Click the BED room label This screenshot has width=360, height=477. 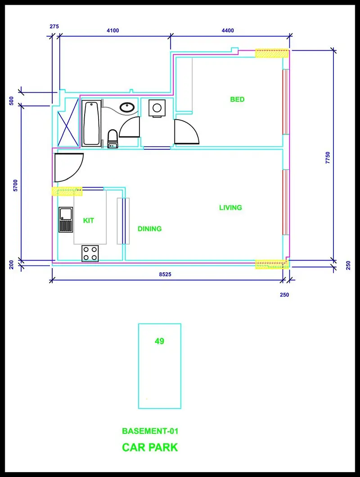pyautogui.click(x=237, y=99)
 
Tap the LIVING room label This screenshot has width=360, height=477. pyautogui.click(x=230, y=207)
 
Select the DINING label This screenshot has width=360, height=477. pyautogui.click(x=149, y=229)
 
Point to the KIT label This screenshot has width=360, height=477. pyautogui.click(x=89, y=220)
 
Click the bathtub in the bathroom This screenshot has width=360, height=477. pyautogui.click(x=91, y=123)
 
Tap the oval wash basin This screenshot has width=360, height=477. pyautogui.click(x=127, y=107)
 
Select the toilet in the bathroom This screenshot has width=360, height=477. pyautogui.click(x=112, y=139)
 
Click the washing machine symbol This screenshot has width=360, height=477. pyautogui.click(x=157, y=108)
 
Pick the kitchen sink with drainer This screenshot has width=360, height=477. pyautogui.click(x=66, y=220)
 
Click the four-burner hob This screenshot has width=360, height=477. pyautogui.click(x=90, y=253)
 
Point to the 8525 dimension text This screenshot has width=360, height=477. pyautogui.click(x=165, y=274)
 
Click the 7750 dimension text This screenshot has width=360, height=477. pyautogui.click(x=328, y=158)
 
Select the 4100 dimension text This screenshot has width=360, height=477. pyautogui.click(x=112, y=31)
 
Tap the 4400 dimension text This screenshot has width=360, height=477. pyautogui.click(x=228, y=31)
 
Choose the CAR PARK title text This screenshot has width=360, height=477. pyautogui.click(x=150, y=447)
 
